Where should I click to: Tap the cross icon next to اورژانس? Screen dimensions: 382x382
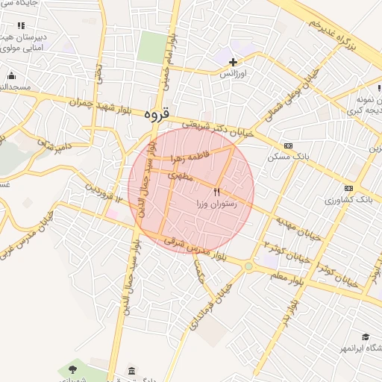pyautogui.click(x=234, y=62)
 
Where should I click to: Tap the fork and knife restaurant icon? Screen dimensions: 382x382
pyautogui.click(x=217, y=192)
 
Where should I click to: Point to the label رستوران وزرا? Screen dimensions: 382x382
pyautogui.click(x=216, y=203)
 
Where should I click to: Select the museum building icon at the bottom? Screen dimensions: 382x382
pyautogui.click(x=132, y=371)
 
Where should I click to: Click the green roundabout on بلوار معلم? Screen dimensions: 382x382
pyautogui.click(x=248, y=266)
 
